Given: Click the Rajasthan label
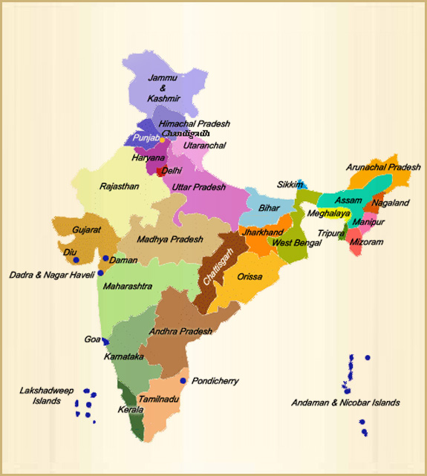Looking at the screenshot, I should click(x=119, y=186).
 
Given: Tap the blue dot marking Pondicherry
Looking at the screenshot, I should click(x=183, y=381).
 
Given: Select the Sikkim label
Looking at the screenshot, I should click(x=290, y=184).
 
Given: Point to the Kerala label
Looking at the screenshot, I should click(x=130, y=409).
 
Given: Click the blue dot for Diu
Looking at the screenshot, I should click(x=76, y=260).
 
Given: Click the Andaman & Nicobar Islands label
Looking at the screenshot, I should click(x=345, y=402).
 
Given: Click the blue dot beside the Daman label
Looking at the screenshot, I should click(x=105, y=258).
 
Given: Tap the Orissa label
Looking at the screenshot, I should click(x=249, y=277).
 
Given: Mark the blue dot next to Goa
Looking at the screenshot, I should click(x=105, y=342).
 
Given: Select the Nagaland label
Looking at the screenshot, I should click(x=391, y=203).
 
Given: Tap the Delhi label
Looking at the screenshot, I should click(x=172, y=170).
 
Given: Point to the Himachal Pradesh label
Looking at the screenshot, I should click(x=195, y=123).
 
